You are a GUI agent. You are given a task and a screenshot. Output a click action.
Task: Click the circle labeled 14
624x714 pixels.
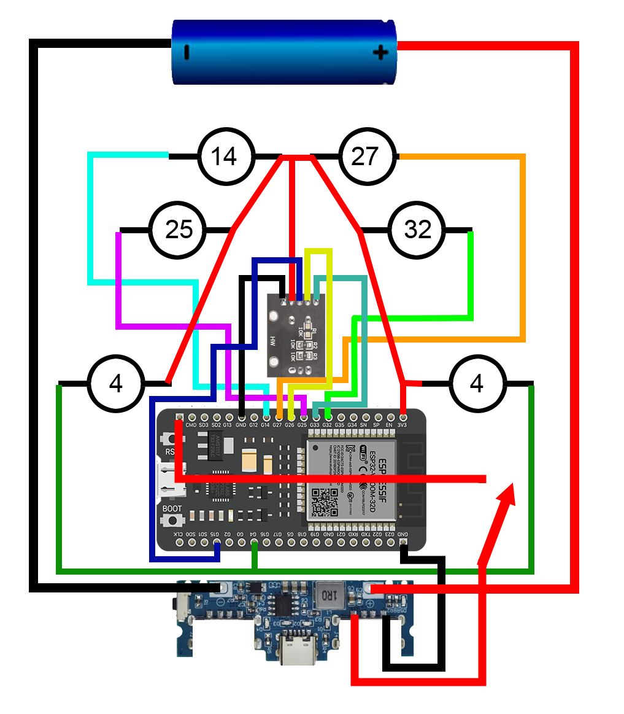coord(225,157)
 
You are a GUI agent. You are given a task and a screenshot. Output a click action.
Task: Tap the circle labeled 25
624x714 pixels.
coord(179,230)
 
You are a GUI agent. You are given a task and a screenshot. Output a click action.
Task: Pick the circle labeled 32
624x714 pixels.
coord(418,230)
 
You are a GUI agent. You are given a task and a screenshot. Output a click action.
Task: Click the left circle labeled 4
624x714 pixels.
coord(116,384)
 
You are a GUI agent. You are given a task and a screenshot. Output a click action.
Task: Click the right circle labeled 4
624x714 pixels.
coord(477,384)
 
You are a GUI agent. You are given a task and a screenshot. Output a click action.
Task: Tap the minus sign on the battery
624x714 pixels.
coord(186,53)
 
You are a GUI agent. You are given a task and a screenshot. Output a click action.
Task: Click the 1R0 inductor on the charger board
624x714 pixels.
coord(327,595)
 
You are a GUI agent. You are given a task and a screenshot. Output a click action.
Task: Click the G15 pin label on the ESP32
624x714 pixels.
coord(216,535)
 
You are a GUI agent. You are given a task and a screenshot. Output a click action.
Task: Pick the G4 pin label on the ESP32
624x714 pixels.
coord(253,535)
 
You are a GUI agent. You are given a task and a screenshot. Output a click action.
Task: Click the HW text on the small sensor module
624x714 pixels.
coord(272,340)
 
